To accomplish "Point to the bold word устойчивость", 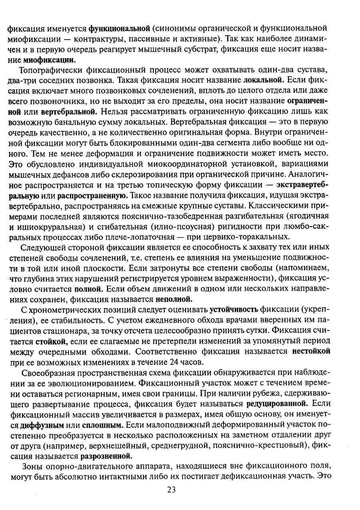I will (234, 310).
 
